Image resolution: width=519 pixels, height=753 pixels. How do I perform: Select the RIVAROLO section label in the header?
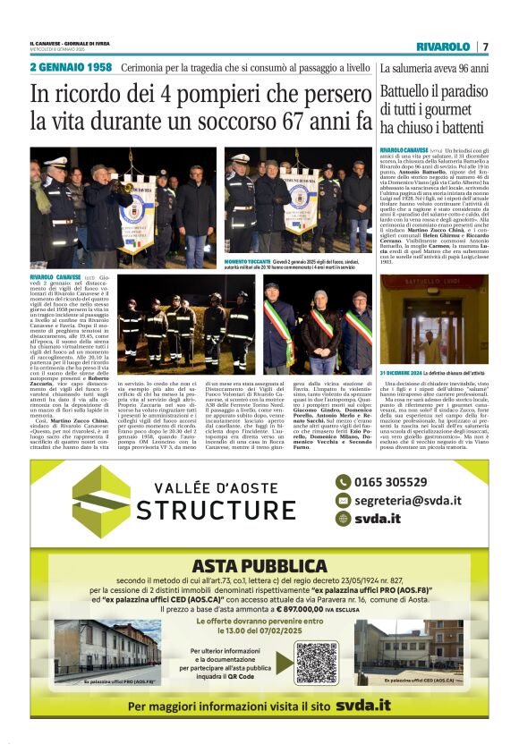pos(443,47)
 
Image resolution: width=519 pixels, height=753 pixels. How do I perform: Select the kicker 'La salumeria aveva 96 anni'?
pos(434,68)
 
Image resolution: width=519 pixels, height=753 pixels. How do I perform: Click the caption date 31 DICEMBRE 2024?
pos(401,369)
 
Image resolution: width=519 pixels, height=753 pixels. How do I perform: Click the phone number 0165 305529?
pos(391,480)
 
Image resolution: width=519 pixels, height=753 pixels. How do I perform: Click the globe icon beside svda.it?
pos(343,519)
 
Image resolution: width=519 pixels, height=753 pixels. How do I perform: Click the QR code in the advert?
pos(317,663)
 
